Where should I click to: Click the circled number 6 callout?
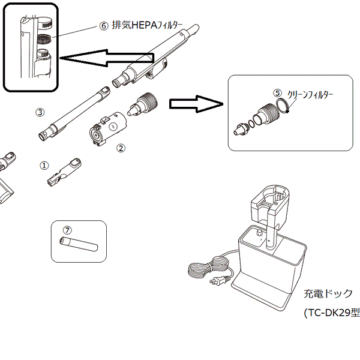[x=104, y=26]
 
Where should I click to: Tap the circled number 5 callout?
[x=277, y=93]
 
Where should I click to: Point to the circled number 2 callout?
[x=121, y=148]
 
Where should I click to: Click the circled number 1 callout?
[x=44, y=163]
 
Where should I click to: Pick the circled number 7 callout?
[x=67, y=230]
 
